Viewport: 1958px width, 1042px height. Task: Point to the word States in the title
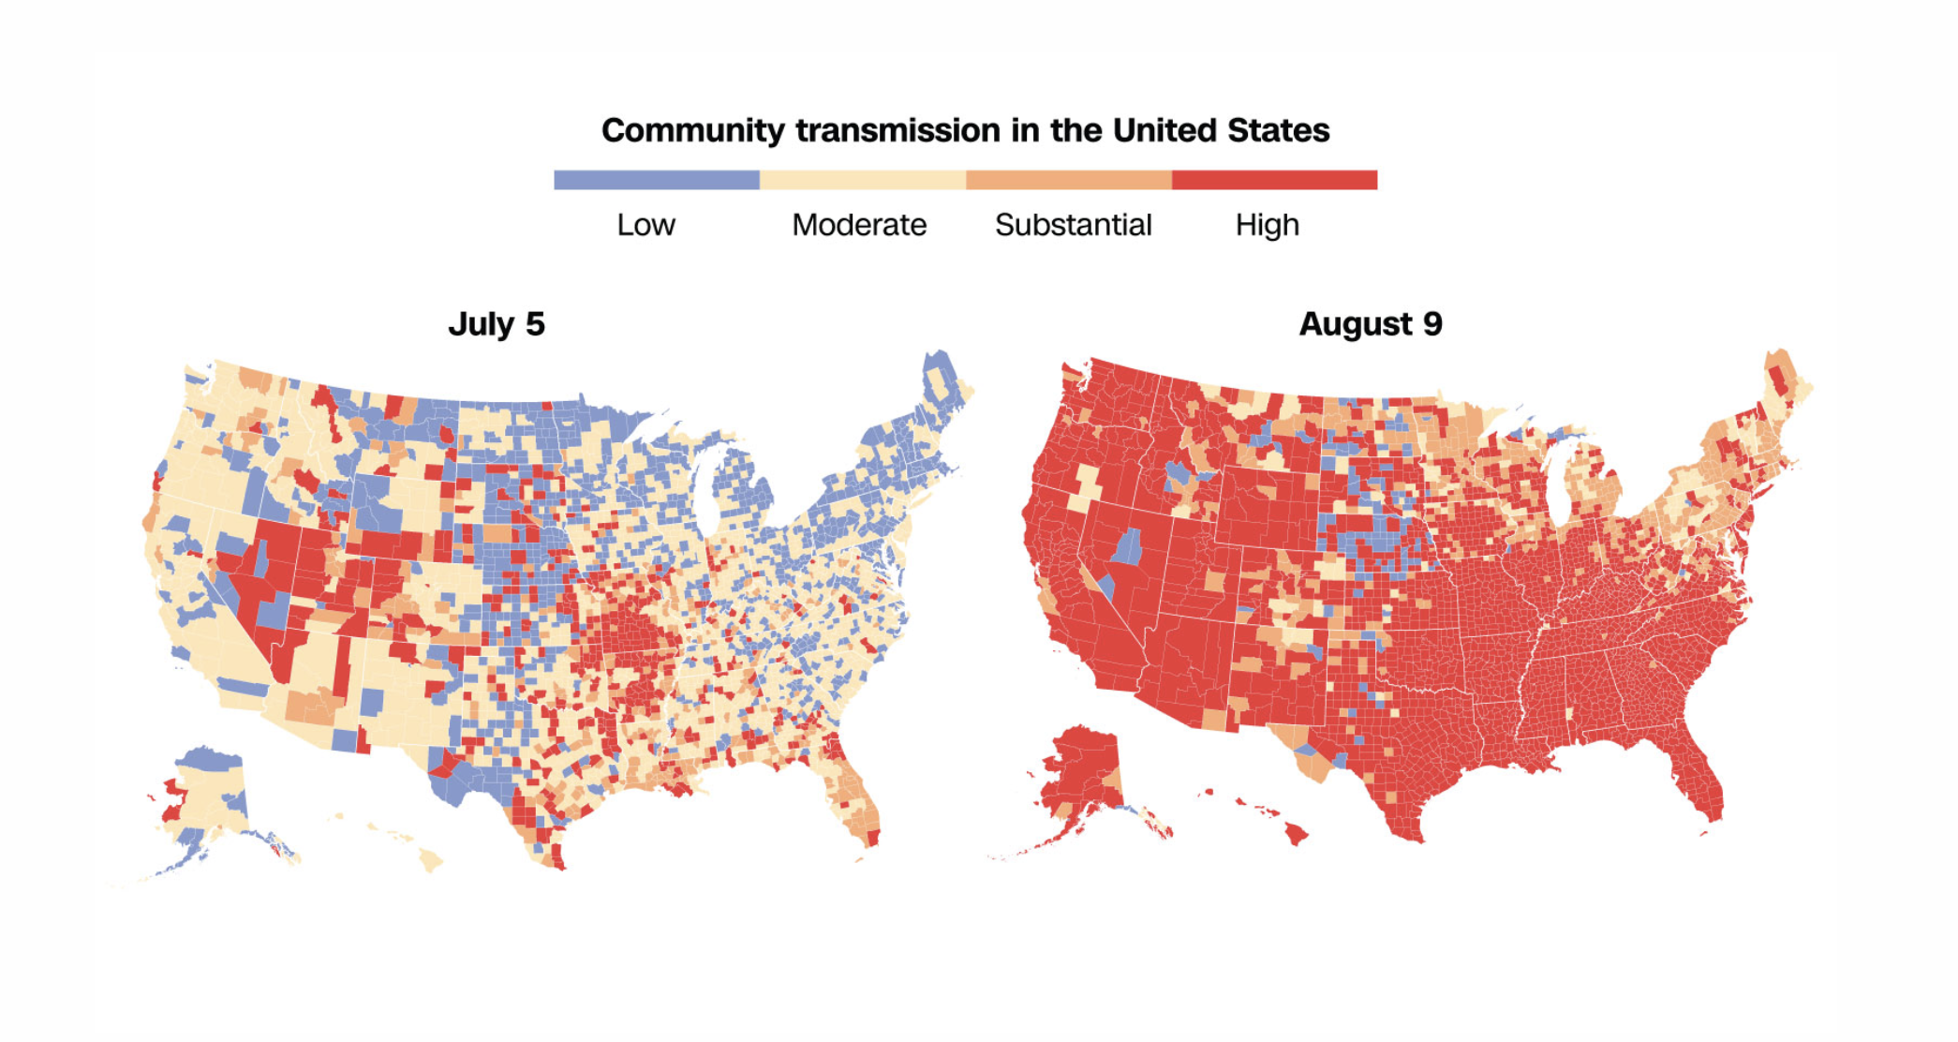pos(1279,130)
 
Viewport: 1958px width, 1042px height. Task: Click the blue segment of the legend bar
pos(656,180)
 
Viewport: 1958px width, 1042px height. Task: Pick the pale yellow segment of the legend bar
pos(862,180)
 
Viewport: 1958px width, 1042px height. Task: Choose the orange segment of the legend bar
pos(1068,180)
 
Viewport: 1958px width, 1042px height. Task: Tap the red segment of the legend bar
pos(1274,180)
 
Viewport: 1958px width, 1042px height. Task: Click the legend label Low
pos(645,225)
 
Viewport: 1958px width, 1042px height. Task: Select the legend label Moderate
pos(859,225)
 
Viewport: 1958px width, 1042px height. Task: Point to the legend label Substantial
pos(1073,225)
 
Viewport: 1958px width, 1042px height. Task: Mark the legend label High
pos(1267,225)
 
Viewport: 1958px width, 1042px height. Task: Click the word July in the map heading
pos(481,324)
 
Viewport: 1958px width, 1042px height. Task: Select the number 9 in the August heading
pos(1432,324)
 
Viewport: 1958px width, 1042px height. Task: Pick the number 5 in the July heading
pos(535,324)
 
